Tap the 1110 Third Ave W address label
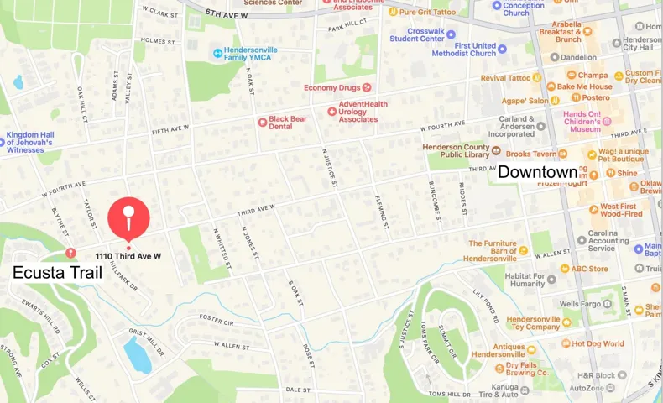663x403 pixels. tap(128, 255)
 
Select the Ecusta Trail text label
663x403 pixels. tap(57, 272)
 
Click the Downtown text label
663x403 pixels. tap(537, 172)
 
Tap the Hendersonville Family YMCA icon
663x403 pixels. tap(218, 54)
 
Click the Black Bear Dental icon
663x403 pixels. tap(262, 122)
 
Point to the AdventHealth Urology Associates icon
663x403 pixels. tap(332, 111)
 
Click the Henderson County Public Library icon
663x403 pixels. tap(496, 151)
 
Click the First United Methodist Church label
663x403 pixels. tap(464, 49)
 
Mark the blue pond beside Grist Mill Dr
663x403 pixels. tap(137, 353)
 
